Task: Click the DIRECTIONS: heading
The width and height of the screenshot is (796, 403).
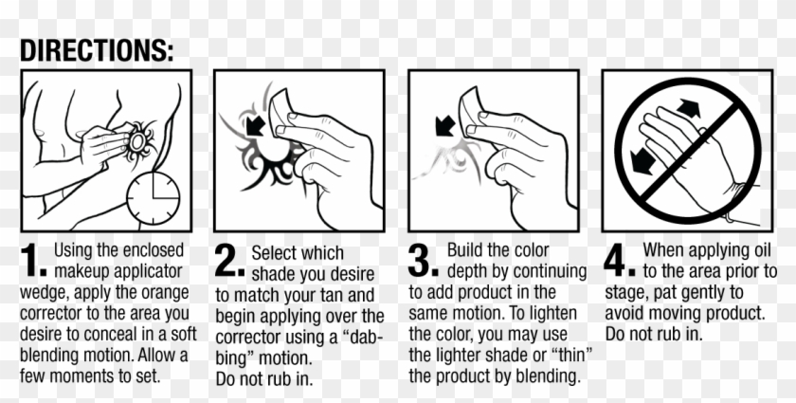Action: tap(97, 50)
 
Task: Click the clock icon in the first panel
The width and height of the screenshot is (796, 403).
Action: tap(154, 197)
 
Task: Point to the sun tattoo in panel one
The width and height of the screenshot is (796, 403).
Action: tap(143, 141)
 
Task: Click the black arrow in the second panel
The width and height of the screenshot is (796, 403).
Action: tap(253, 125)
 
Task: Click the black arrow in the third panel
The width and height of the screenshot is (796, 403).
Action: tap(443, 125)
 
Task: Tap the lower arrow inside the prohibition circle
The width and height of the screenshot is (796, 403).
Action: tap(645, 160)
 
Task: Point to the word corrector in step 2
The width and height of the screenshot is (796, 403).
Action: tap(249, 336)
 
